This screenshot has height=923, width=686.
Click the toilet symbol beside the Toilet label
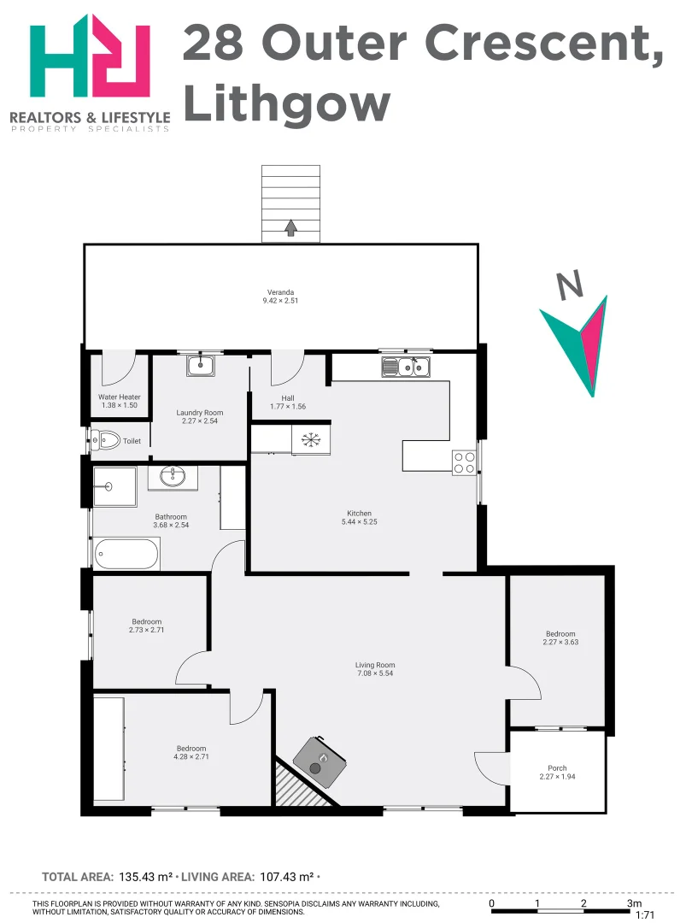(x=107, y=441)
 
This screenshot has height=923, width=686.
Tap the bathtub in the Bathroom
(x=127, y=554)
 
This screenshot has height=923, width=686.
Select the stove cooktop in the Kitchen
(x=464, y=462)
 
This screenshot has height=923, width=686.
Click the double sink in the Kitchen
(x=407, y=367)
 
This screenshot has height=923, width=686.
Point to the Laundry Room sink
(x=202, y=366)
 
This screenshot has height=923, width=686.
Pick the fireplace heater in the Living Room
(x=322, y=760)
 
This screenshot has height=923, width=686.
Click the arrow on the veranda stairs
(x=290, y=226)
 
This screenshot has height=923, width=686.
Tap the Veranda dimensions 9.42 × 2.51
(x=280, y=301)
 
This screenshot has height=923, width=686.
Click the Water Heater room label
(x=120, y=397)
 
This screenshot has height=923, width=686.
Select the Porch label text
(x=557, y=768)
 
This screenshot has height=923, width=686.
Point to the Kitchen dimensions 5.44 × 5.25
(x=359, y=522)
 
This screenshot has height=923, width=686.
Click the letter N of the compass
(x=570, y=285)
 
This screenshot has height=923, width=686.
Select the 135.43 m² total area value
(x=145, y=877)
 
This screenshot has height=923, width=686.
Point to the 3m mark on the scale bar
(x=633, y=902)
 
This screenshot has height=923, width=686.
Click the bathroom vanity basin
(x=173, y=476)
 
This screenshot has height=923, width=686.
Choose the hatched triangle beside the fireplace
(x=295, y=786)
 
